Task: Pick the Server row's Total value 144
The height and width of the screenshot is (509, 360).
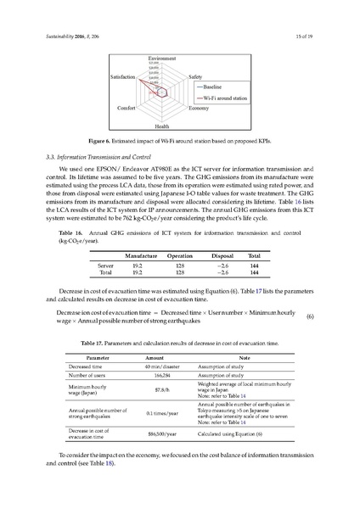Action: coord(253,266)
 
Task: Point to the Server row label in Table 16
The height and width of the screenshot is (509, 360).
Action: coord(107,266)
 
